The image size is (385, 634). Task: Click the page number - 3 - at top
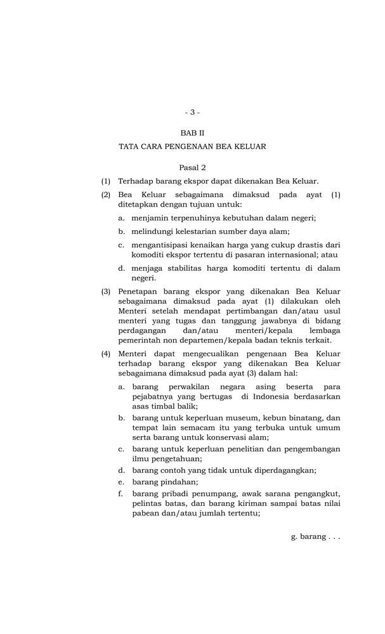pyautogui.click(x=192, y=112)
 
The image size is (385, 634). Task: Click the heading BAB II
pyautogui.click(x=192, y=134)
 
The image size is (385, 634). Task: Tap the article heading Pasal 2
pyautogui.click(x=192, y=168)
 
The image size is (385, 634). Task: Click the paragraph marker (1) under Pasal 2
pyautogui.click(x=106, y=181)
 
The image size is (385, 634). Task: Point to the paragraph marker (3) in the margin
pyautogui.click(x=106, y=292)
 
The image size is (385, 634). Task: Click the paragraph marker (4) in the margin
pyautogui.click(x=106, y=354)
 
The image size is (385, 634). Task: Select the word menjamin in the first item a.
pyautogui.click(x=150, y=217)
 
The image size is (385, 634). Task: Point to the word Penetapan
pyautogui.click(x=139, y=292)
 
